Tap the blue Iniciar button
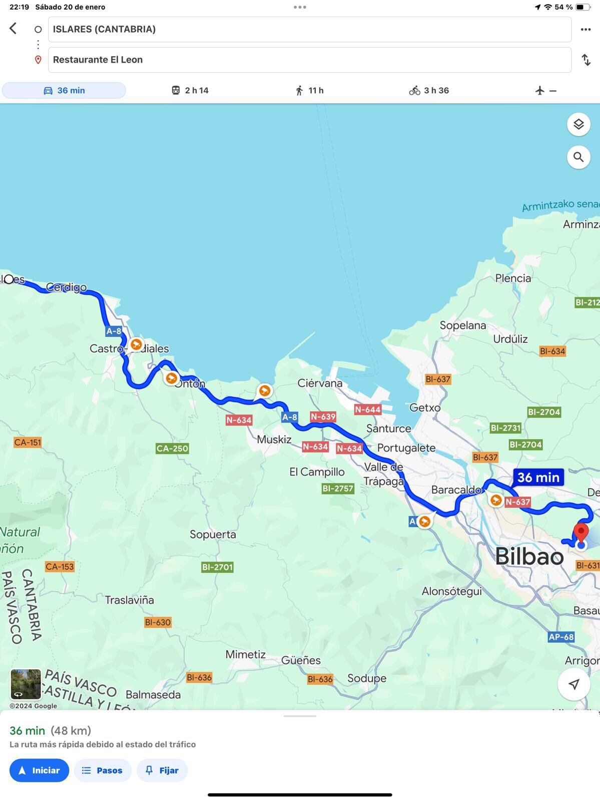39,770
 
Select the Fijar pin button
162,770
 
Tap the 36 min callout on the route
538,477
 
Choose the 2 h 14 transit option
190,91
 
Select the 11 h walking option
309,91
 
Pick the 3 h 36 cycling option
429,91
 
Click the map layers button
578,124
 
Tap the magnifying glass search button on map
578,157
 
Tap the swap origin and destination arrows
586,60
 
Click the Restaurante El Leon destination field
309,60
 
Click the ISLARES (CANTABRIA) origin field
309,30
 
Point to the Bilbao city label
529,557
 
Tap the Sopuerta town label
213,534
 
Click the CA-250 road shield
172,449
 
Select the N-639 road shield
323,417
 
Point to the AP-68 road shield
561,637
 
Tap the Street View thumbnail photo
26,684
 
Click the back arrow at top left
14,29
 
